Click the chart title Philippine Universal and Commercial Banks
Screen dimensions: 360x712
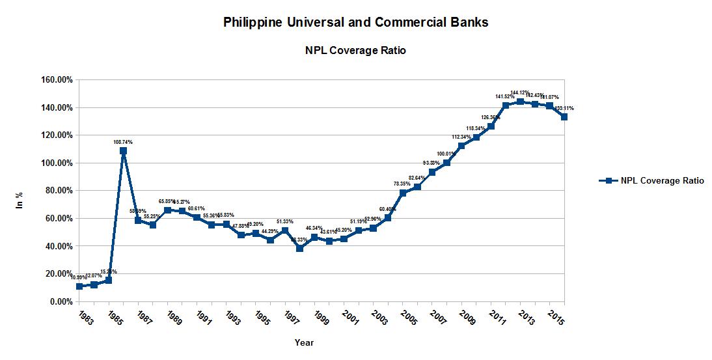click(355, 22)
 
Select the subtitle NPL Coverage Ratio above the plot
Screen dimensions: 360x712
click(355, 50)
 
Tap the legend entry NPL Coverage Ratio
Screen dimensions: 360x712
click(662, 181)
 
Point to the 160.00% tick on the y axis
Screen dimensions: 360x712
click(57, 80)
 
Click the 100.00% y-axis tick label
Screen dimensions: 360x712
click(57, 163)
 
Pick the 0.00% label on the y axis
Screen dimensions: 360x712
click(61, 302)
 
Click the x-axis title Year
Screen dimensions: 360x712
click(303, 342)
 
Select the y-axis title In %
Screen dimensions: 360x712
click(20, 200)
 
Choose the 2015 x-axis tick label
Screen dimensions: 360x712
click(556, 317)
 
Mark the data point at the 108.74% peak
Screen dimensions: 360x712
click(124, 150)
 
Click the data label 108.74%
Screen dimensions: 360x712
click(123, 142)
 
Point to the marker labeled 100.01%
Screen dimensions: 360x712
click(446, 163)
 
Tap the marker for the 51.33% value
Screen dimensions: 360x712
click(285, 230)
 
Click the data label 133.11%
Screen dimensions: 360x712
click(564, 108)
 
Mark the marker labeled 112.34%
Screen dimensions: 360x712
click(461, 146)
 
